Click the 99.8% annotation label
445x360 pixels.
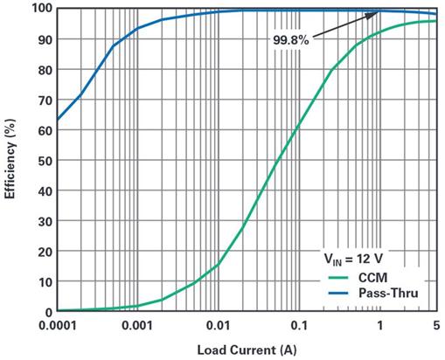(x=290, y=40)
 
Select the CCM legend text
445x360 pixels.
(x=372, y=278)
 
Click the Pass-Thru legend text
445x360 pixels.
(x=388, y=293)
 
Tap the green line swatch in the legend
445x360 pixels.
(x=338, y=278)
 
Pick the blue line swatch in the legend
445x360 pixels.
(x=338, y=293)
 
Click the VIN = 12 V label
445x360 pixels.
(x=353, y=259)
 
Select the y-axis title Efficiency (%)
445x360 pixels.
(x=10, y=159)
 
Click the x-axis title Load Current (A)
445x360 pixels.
(x=247, y=350)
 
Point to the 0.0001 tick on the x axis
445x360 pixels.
(x=58, y=325)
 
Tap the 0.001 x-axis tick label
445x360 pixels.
(x=137, y=325)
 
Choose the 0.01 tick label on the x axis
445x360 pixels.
(x=218, y=325)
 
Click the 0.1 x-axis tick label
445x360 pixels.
(x=299, y=325)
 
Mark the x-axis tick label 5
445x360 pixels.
(x=436, y=325)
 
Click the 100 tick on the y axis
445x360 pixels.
(x=42, y=8)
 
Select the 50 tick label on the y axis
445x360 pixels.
(x=45, y=161)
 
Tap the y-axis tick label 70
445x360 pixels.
(x=45, y=100)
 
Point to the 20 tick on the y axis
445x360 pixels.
(x=45, y=252)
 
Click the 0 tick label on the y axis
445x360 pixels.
(x=49, y=312)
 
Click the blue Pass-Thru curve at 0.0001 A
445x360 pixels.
(x=58, y=120)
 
